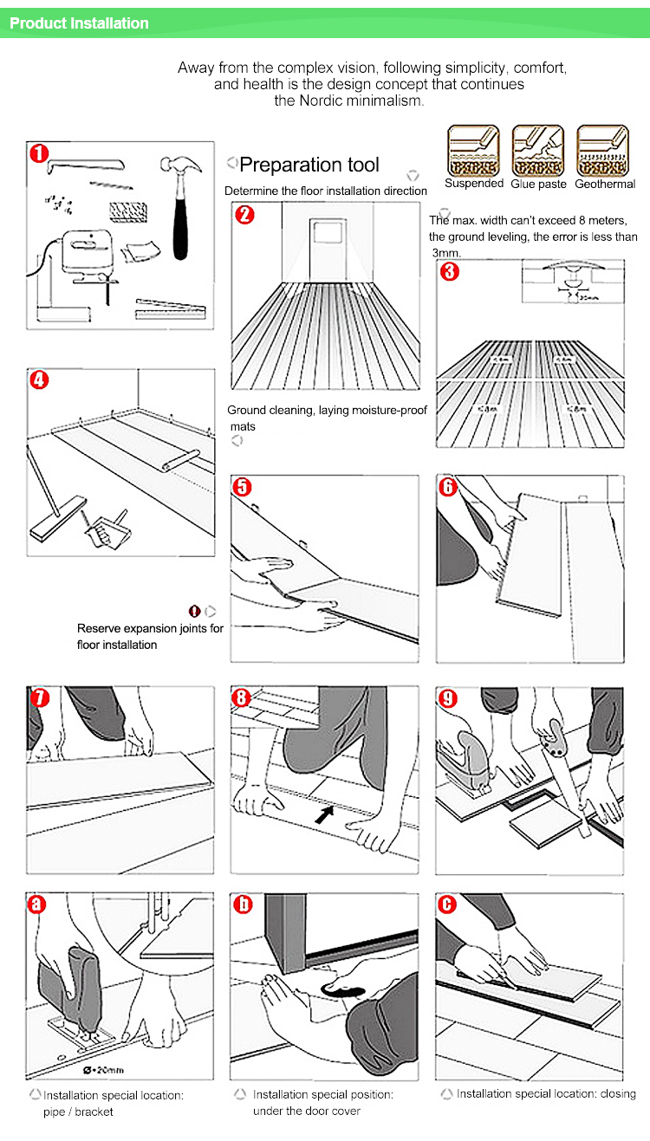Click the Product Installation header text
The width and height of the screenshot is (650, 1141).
79,23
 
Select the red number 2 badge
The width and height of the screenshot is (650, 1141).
245,215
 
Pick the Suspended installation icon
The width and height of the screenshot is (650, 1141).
473,151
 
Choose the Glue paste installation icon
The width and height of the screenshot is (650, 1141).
538,151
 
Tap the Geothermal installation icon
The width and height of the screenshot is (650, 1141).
603,151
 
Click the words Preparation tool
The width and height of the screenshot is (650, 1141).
309,165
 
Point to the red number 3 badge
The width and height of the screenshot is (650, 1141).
449,272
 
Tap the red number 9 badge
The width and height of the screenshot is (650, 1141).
448,698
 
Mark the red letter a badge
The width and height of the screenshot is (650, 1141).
38,904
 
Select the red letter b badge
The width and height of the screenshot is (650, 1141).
244,904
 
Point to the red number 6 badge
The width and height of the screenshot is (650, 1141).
448,487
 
